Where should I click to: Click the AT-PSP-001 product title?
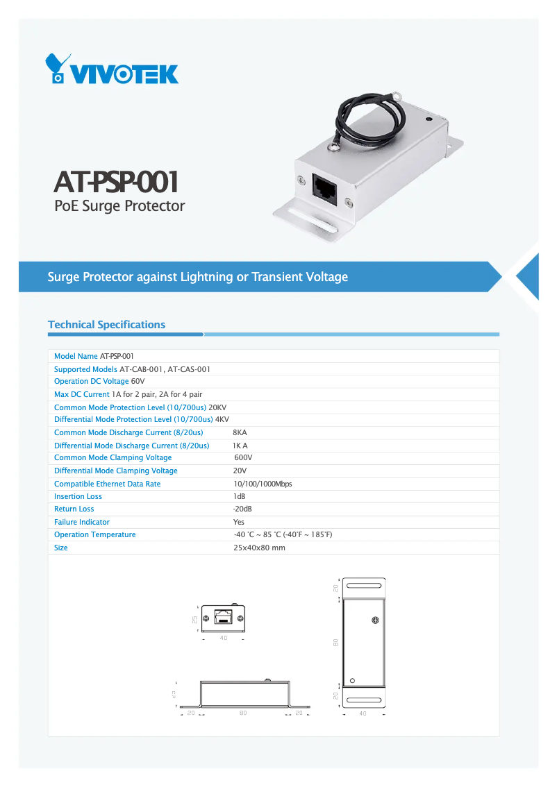(x=116, y=182)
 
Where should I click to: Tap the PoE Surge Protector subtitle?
(x=119, y=206)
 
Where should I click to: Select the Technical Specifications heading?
(x=106, y=325)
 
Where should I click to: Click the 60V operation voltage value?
(x=138, y=382)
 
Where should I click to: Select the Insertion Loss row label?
(x=78, y=497)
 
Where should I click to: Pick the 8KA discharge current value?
(x=240, y=432)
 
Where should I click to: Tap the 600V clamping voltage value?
(x=243, y=458)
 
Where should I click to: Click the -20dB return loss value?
(x=242, y=509)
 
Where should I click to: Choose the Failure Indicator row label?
(x=82, y=523)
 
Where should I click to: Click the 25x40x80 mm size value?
(x=259, y=548)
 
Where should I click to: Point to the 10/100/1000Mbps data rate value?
(x=263, y=484)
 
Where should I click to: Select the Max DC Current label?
(x=82, y=394)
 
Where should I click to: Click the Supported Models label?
(x=85, y=369)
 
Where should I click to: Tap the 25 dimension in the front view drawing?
(x=195, y=619)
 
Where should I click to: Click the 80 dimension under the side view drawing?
(x=243, y=713)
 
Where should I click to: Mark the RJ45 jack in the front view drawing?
(x=223, y=616)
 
